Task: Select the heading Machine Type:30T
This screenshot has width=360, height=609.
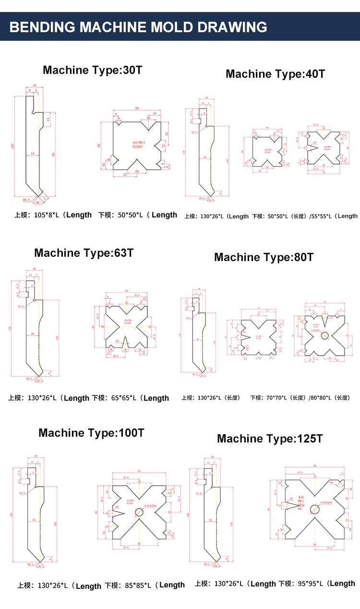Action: (93, 70)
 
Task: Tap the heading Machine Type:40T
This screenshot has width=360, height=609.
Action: (275, 74)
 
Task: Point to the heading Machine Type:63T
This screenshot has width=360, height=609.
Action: (84, 253)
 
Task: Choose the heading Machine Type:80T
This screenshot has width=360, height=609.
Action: (264, 257)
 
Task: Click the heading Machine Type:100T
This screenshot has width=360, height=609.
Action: (91, 433)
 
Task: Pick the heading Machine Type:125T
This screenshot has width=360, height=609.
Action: (270, 439)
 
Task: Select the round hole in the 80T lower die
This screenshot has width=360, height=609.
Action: (325, 335)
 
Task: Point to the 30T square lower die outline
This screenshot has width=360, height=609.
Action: (137, 144)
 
